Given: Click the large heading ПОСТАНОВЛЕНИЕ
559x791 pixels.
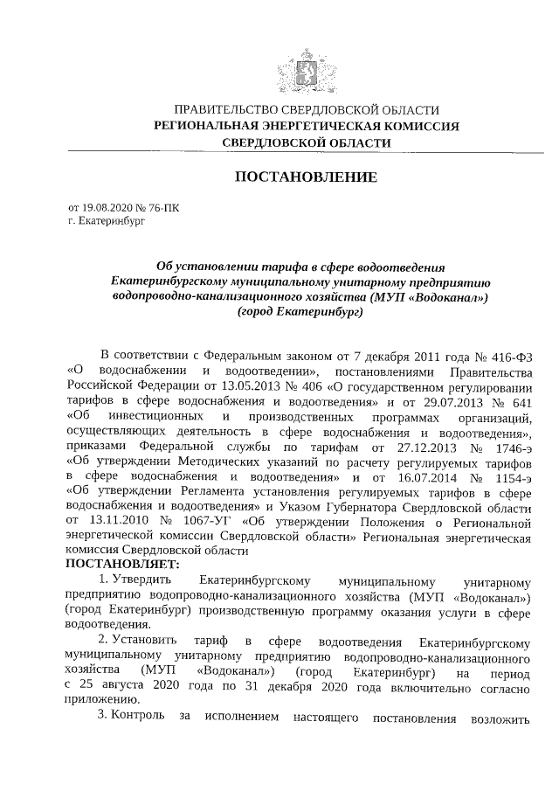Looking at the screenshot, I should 306,177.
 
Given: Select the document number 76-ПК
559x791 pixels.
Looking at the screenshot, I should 162,208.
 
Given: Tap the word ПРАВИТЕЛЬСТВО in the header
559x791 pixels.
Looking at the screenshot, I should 230,111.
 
